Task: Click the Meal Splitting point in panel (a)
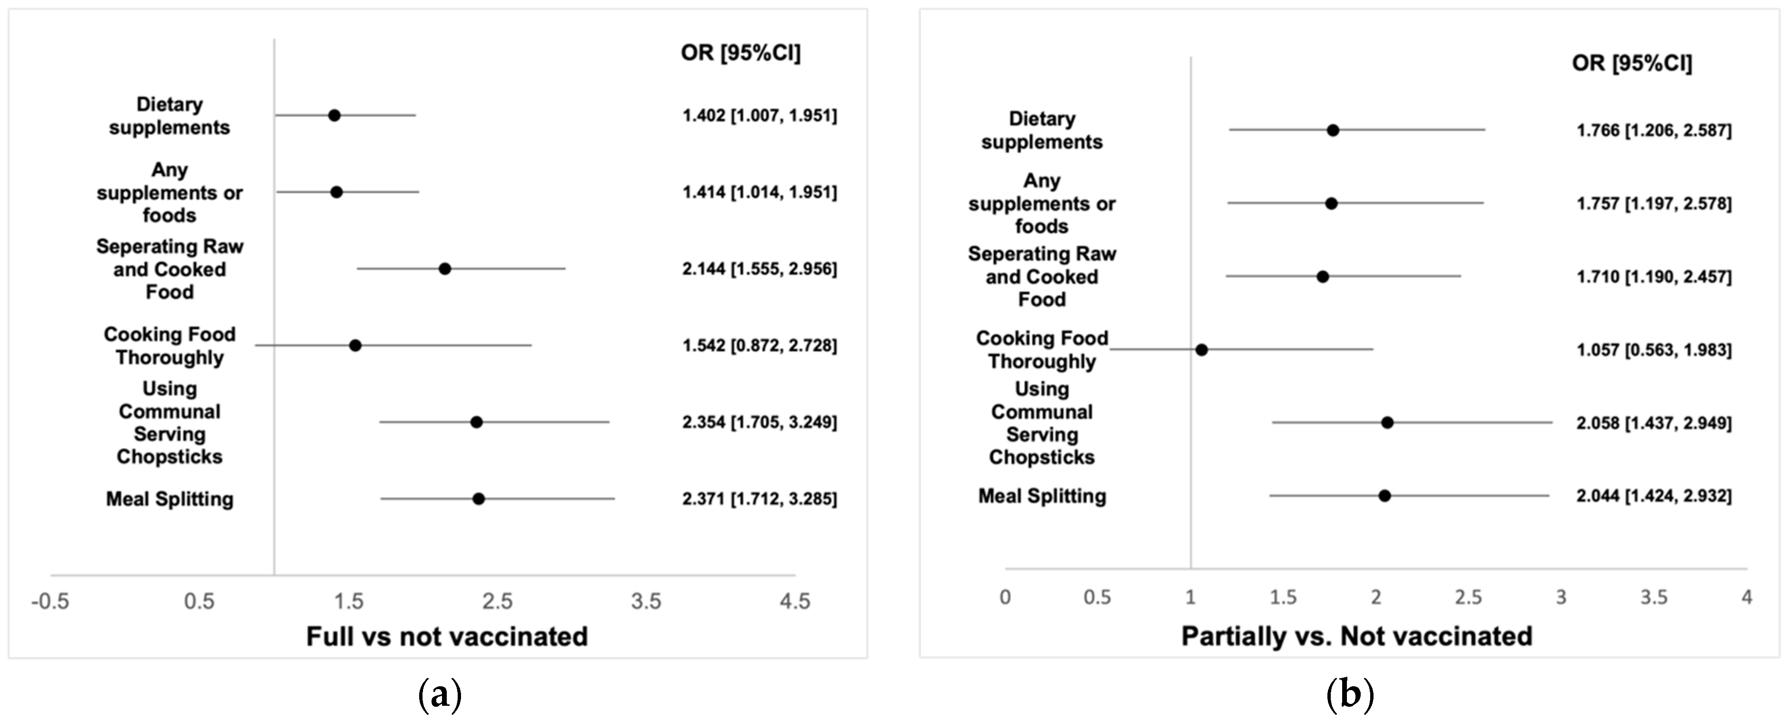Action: pos(478,498)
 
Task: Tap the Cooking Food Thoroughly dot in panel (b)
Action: pos(1201,350)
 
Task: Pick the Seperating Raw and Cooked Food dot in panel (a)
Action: pos(445,269)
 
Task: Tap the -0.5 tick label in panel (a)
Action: pos(50,602)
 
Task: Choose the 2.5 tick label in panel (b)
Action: pos(1469,597)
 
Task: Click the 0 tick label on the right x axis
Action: pos(1005,597)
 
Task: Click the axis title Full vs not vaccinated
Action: pos(447,636)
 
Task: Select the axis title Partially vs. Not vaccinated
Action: pos(1357,636)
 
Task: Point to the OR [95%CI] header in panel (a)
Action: pos(740,53)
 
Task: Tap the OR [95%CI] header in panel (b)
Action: pos(1632,63)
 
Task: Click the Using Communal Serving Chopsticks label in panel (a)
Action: pos(169,423)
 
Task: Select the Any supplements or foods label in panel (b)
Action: pos(1041,204)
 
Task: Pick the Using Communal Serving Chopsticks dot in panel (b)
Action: pos(1387,423)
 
